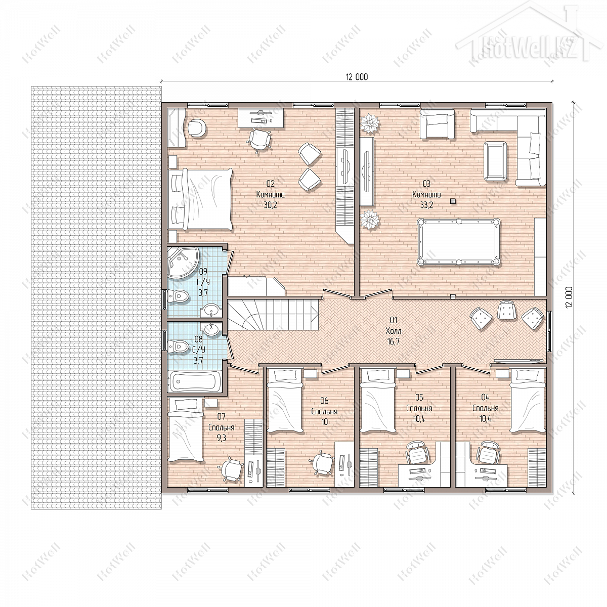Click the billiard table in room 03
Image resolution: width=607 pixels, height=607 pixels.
(x=459, y=242)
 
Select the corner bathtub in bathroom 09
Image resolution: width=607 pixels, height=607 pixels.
(x=182, y=262)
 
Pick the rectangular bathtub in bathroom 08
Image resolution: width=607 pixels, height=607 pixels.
(x=194, y=381)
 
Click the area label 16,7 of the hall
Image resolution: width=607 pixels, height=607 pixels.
(x=394, y=341)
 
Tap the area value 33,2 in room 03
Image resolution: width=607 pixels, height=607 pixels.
(x=426, y=205)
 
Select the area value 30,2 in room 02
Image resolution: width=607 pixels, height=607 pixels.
(x=271, y=205)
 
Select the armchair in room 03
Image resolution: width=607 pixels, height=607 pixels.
(x=438, y=124)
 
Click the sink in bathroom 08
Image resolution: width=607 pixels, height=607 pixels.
(x=211, y=329)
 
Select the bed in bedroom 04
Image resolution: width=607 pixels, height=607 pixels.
(x=527, y=400)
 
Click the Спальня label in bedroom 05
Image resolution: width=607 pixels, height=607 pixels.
(x=419, y=408)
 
